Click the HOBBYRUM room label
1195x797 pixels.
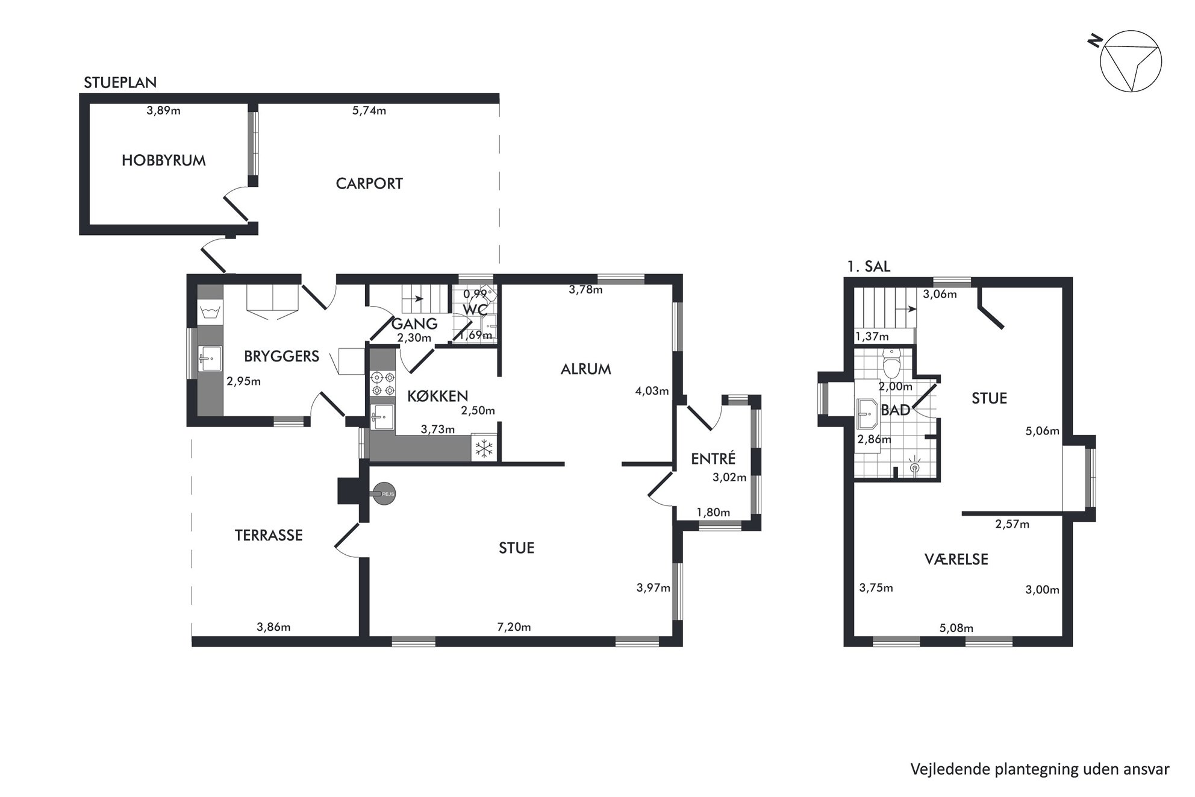[164, 160]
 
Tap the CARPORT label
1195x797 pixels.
[369, 183]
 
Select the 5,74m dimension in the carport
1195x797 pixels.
[369, 111]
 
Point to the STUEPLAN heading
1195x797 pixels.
[120, 83]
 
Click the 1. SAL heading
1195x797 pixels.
[869, 266]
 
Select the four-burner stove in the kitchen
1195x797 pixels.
[383, 384]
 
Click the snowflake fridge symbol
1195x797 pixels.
[484, 448]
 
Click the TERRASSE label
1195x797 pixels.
[269, 535]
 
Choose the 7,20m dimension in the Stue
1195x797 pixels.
[514, 627]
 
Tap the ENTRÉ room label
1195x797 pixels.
[713, 458]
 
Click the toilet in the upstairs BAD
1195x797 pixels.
[891, 363]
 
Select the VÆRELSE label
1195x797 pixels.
[956, 559]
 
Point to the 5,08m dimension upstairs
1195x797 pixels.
[956, 628]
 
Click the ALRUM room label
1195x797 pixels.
[586, 369]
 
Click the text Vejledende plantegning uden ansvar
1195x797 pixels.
[1040, 769]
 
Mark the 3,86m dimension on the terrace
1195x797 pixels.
[273, 627]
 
